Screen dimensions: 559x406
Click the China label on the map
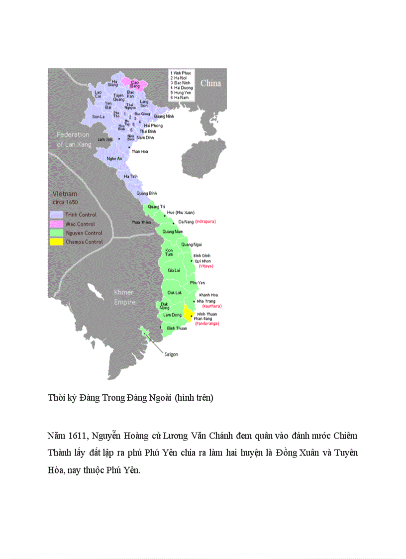210,83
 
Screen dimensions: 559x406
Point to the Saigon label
170,354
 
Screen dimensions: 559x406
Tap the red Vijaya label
205,266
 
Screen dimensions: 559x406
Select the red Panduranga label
207,324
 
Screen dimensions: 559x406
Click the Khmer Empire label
124,297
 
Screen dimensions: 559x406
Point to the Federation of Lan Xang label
73,139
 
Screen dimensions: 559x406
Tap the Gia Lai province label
174,270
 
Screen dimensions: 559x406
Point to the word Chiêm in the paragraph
346,436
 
